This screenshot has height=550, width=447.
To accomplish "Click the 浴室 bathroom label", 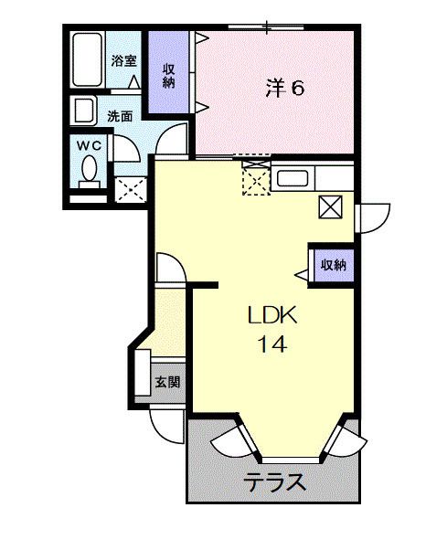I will click(123, 61).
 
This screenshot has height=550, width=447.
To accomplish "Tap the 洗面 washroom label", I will click(120, 116).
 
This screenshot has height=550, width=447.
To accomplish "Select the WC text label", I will click(90, 145).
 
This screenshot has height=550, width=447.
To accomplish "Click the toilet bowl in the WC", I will click(90, 170).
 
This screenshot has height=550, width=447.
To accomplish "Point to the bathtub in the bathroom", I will click(86, 61).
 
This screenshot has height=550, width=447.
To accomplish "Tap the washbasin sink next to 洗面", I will click(84, 111).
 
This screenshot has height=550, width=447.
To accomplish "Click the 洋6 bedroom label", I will click(285, 88).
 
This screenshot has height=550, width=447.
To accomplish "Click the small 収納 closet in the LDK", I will click(333, 264).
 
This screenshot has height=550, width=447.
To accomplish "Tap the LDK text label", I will click(271, 315).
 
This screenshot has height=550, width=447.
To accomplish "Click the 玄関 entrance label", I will click(166, 381).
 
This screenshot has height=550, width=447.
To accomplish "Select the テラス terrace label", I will click(273, 483).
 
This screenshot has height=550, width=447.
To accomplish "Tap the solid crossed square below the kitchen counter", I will click(330, 207).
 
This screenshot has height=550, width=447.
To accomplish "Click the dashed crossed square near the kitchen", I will click(256, 178).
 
